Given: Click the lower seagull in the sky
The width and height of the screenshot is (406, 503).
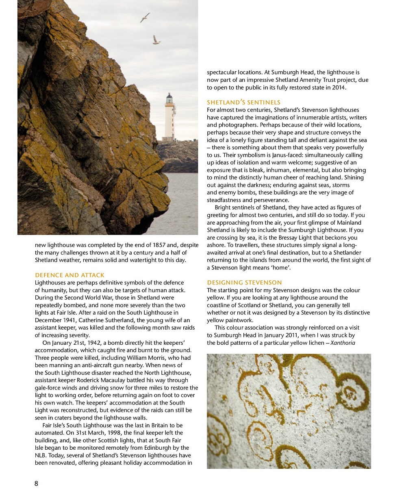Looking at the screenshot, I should [x=156, y=40].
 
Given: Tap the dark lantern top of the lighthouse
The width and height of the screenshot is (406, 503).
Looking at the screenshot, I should [x=169, y=98].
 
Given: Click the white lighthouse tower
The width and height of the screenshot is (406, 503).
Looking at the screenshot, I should [x=169, y=120].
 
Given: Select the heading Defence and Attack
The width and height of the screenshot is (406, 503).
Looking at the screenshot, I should [x=69, y=275].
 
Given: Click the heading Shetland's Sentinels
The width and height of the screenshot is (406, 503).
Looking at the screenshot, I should [x=243, y=102].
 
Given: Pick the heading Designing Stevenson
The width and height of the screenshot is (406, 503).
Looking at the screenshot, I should [x=244, y=282].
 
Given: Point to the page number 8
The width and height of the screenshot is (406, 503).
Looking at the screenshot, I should [x=36, y=483].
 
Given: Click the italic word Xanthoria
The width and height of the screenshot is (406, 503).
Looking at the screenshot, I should [x=343, y=343].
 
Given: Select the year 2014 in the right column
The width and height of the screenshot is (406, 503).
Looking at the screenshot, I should [x=339, y=87].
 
